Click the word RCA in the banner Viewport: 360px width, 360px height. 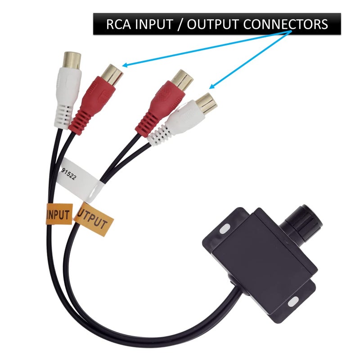coord(117,24)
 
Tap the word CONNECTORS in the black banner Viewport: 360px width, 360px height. coord(285,24)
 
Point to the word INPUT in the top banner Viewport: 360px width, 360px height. coord(154,24)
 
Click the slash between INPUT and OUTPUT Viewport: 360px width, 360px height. coord(180,24)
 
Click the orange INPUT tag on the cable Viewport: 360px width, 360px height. coord(59,214)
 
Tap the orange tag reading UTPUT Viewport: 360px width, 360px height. coord(94,219)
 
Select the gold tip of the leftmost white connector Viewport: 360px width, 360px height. coord(72,60)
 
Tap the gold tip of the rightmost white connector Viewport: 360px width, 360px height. coord(207,104)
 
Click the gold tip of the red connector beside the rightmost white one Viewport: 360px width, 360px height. coord(182,80)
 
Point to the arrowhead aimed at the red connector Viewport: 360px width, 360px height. coord(125,65)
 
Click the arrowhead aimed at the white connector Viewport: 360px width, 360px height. coord(211,86)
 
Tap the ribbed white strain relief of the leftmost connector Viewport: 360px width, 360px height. coord(63,117)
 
